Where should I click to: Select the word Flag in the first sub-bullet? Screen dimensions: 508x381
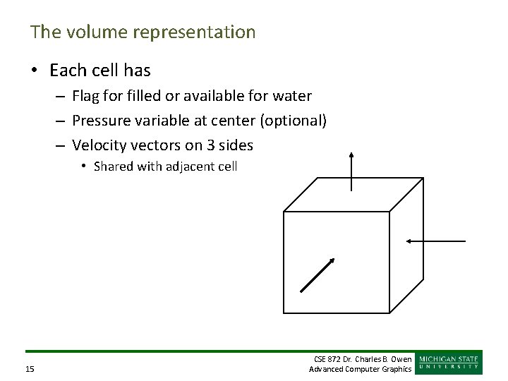(87, 95)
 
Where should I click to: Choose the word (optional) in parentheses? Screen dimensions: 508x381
(294, 121)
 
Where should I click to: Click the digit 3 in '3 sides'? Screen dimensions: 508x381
(207, 146)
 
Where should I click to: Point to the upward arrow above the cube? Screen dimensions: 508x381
(351, 171)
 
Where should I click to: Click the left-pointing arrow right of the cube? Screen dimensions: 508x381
(435, 241)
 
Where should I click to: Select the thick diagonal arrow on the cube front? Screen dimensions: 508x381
(317, 274)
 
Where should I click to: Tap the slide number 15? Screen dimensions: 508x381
(30, 369)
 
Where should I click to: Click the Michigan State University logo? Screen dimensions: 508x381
(449, 362)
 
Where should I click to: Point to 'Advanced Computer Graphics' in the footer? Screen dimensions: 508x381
(360, 369)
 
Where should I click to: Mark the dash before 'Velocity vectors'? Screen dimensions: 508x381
(62, 146)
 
